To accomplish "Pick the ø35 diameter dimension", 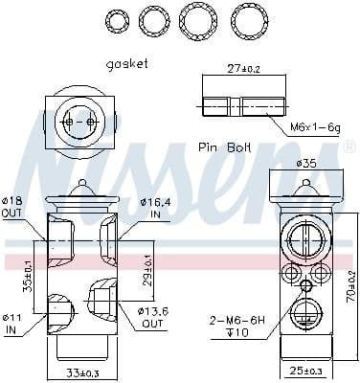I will click(x=306, y=164).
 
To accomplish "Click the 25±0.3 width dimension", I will click(x=306, y=371).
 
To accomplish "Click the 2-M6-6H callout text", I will click(x=236, y=322).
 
